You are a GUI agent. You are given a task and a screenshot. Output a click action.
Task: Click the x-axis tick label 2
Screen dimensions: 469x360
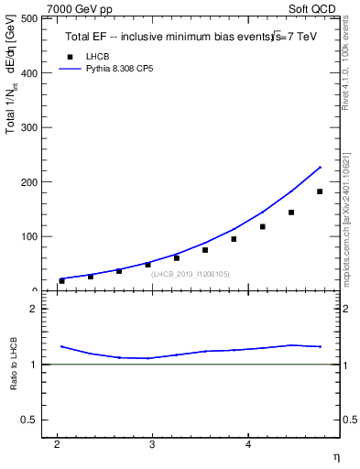pos(57,445)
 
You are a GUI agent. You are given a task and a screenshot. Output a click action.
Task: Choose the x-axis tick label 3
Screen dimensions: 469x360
pos(152,445)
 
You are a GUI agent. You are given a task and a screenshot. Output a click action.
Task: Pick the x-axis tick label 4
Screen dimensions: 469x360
pos(247,445)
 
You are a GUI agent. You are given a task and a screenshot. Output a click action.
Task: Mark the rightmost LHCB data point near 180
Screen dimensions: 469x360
pos(320,191)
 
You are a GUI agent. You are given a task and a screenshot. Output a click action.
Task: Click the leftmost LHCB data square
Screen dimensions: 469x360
pos(61,281)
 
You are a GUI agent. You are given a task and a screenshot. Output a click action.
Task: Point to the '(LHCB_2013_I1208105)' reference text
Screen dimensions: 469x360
pos(191,274)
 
